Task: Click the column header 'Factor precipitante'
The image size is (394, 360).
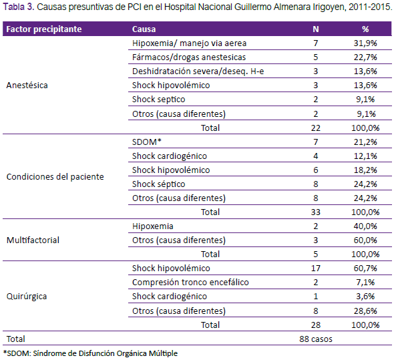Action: click(44, 29)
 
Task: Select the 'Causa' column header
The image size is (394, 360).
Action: click(144, 29)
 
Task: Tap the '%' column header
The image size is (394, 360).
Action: click(365, 29)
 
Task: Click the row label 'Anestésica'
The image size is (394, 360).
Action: click(27, 85)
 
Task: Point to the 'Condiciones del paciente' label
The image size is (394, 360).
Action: click(55, 177)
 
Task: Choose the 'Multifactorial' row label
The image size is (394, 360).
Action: click(33, 240)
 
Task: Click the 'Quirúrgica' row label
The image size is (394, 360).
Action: click(27, 297)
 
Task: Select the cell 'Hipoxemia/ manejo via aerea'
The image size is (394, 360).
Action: click(189, 43)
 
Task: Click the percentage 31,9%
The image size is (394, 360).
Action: click(365, 43)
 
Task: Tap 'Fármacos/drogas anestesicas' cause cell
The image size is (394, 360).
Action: click(189, 57)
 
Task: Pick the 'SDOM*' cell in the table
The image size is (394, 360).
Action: click(147, 142)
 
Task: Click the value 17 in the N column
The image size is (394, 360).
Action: click(316, 268)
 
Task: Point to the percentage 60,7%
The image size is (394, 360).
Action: click(365, 268)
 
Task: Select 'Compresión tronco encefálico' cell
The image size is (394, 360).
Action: click(190, 283)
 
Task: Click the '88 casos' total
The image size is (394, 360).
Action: click(316, 339)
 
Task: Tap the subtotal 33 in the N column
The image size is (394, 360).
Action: click(316, 212)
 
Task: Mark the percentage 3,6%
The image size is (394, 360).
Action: click(365, 297)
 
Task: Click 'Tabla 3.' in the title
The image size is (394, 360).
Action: click(19, 7)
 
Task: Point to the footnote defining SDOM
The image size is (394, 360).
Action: click(90, 353)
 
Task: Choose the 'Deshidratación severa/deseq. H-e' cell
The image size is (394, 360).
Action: click(198, 71)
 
